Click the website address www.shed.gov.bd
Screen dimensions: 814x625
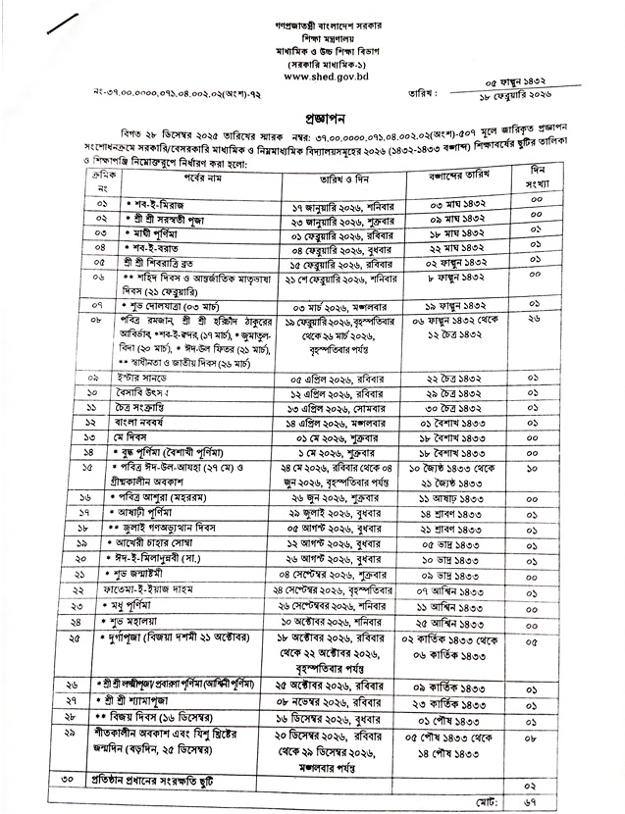click(311, 72)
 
